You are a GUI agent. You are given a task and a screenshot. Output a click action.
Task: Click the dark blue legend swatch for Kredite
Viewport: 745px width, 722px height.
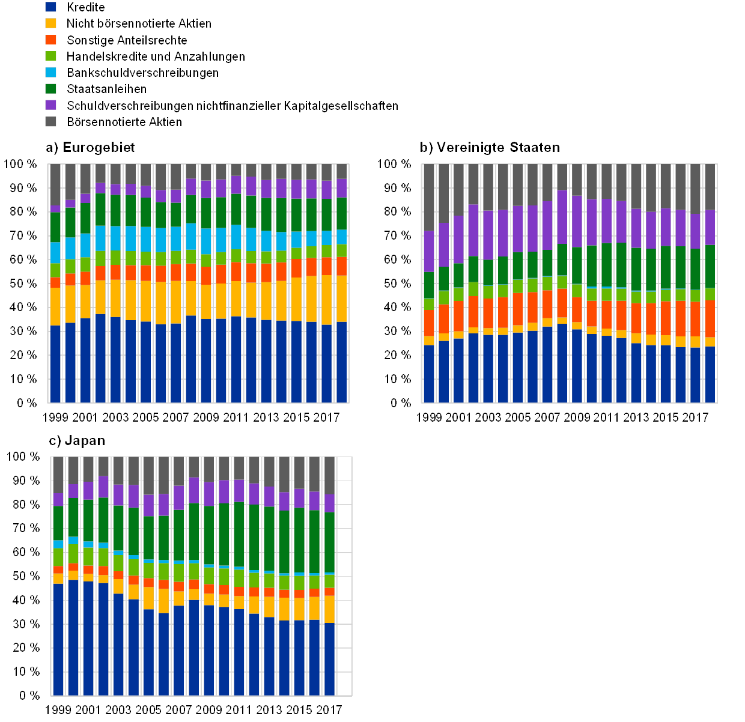pos(51,7)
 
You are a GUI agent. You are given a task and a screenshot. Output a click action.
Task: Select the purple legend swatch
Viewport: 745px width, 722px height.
pos(51,105)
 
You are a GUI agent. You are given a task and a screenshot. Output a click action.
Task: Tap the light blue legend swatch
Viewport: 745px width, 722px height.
pos(51,72)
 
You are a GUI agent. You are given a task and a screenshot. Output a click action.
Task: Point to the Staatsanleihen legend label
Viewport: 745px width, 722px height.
pos(106,89)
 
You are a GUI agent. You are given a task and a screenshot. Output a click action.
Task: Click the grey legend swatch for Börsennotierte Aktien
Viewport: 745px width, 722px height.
pos(51,121)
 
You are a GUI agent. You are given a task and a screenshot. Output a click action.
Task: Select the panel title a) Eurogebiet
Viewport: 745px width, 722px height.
pos(90,148)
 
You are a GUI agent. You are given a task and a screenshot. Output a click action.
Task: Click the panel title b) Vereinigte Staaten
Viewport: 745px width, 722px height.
pos(490,147)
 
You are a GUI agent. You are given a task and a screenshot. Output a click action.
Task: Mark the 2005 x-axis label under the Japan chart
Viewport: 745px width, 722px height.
pos(149,709)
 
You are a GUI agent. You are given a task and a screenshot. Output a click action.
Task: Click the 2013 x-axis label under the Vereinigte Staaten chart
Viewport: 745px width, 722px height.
pos(637,417)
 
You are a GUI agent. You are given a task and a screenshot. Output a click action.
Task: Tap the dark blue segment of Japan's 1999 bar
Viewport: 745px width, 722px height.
pos(58,639)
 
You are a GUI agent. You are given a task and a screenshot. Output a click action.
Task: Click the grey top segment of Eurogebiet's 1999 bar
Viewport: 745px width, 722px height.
pos(56,184)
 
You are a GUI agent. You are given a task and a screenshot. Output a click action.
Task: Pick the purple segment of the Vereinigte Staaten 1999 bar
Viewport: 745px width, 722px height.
pos(429,251)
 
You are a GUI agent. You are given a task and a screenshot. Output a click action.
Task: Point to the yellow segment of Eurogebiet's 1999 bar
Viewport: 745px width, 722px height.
pos(56,306)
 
